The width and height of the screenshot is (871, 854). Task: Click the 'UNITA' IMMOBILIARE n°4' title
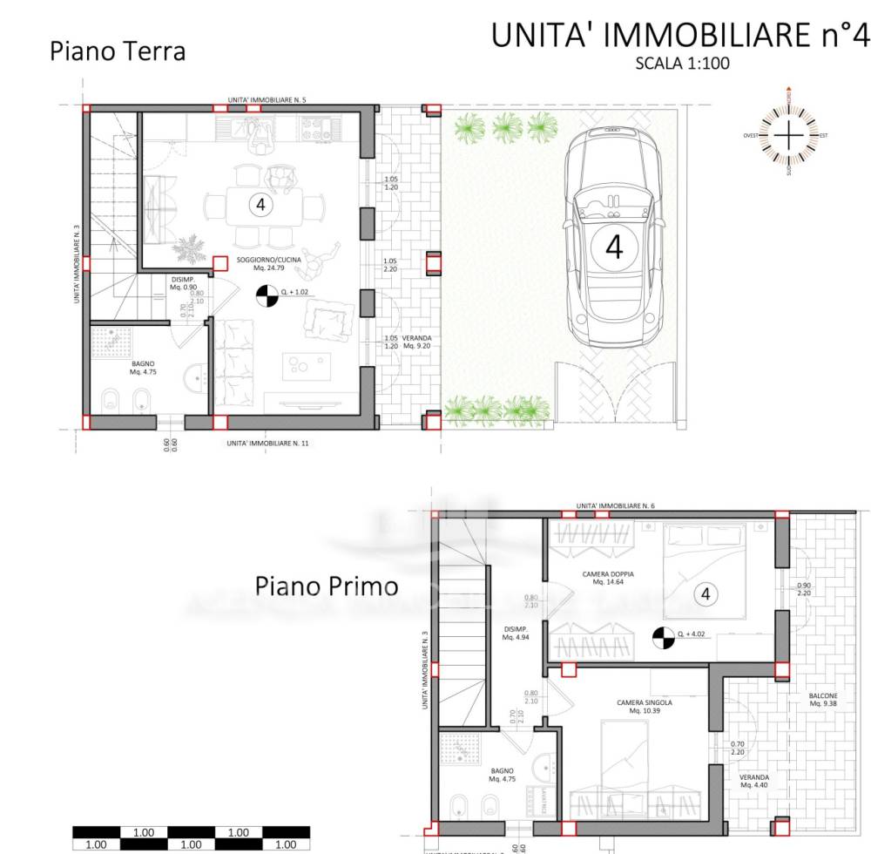tap(680, 36)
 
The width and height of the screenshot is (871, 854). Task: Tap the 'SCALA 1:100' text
tap(682, 63)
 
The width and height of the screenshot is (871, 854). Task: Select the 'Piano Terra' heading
tap(118, 51)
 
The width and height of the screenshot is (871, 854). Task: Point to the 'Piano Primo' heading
tap(327, 586)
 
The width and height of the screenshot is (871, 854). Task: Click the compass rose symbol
tap(787, 136)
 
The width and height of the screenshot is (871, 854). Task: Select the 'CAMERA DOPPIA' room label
tap(608, 578)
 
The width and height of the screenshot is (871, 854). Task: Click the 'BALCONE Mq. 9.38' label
tap(822, 699)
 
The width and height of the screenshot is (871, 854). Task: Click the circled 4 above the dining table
tap(259, 205)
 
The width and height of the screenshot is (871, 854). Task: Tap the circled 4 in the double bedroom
tap(706, 594)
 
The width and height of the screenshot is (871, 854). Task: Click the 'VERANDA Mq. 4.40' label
tap(753, 781)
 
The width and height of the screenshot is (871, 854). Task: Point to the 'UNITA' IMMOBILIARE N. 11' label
tap(267, 444)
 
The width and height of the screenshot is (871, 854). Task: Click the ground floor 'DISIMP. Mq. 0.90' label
tap(183, 283)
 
